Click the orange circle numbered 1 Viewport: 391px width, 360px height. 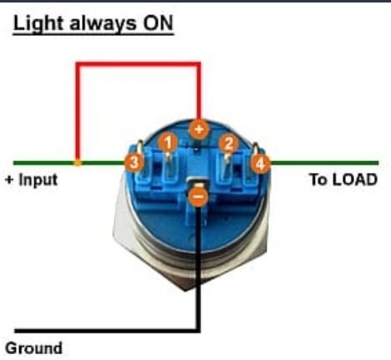168,142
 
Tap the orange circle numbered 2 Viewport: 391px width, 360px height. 229,144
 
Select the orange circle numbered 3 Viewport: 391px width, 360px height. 135,162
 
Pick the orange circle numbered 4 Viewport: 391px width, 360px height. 260,164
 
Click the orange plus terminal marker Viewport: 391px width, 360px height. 199,129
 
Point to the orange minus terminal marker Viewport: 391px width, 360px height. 198,197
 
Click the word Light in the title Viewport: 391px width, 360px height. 38,23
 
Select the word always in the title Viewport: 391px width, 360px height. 103,24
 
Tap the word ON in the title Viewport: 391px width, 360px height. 158,23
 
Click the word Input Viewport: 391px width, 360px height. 38,180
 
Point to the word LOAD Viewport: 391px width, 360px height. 355,180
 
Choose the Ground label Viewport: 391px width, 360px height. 33,348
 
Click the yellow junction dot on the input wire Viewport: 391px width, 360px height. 78,163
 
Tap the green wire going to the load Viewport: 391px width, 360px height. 324,163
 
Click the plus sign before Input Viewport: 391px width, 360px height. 9,180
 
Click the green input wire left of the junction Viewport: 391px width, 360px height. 44,163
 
